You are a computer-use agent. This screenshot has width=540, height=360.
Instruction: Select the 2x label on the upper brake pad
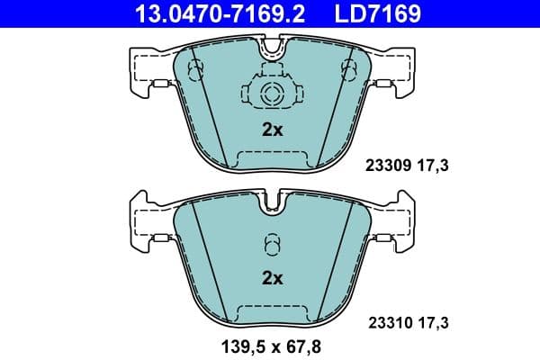(272, 130)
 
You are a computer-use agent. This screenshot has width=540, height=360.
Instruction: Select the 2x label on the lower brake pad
(272, 278)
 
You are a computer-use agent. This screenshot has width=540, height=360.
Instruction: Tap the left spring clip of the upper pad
(161, 85)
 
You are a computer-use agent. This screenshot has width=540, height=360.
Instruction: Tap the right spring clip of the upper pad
(382, 85)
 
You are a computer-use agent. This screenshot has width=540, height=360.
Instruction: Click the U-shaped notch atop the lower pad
(272, 205)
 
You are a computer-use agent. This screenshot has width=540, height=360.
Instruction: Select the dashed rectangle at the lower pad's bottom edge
(272, 312)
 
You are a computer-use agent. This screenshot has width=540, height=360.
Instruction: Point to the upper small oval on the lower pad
(272, 241)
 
